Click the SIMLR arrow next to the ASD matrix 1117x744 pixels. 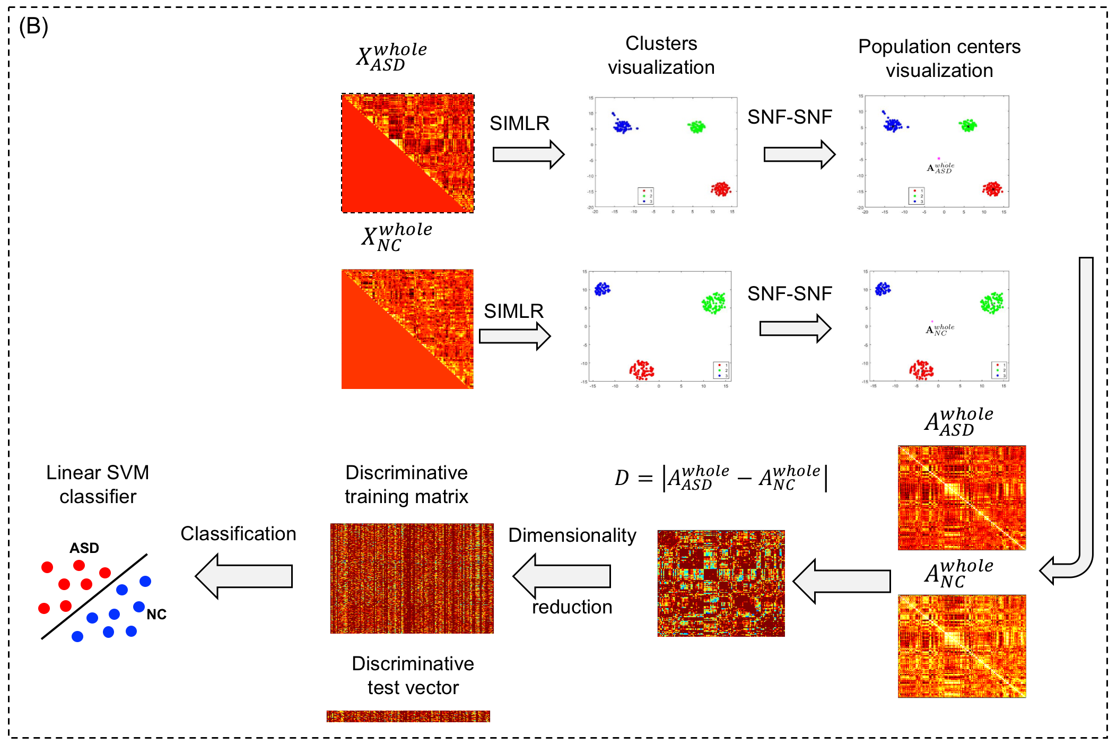pos(528,154)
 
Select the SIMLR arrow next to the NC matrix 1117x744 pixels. pos(514,336)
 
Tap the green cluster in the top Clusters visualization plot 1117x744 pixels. pos(696,127)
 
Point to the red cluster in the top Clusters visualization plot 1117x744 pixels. pos(721,189)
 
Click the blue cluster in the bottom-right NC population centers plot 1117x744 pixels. pos(883,289)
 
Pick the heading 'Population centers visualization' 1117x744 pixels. pos(939,58)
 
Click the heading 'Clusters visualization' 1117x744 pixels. pos(661,55)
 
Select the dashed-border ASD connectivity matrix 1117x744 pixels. pos(407,153)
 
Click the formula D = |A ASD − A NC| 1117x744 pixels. pos(720,478)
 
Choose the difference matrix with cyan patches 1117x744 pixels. pos(721,583)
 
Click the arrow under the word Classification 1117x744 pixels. pos(244,576)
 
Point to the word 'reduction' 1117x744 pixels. pos(572,607)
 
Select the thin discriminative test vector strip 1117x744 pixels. pos(408,716)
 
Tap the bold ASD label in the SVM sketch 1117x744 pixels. pos(84,548)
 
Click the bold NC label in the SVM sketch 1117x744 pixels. pos(156,614)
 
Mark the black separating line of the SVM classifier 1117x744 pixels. pos(94,596)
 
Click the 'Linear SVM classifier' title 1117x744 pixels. pos(98,484)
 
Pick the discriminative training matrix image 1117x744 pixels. pos(412,578)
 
